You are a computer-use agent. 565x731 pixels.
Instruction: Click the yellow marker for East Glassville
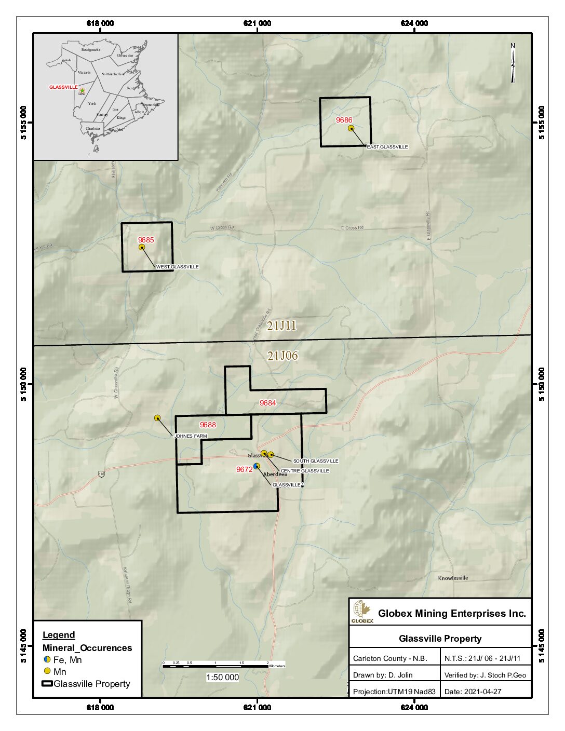(351, 128)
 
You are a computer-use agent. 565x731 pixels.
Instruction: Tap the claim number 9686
(344, 120)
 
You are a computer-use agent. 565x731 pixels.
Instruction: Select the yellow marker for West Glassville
(142, 247)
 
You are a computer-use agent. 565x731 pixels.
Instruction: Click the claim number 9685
(146, 240)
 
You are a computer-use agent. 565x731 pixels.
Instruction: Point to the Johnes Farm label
(191, 436)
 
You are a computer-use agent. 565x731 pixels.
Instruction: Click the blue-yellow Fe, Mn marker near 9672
(256, 466)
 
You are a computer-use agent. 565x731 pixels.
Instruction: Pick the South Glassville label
(316, 461)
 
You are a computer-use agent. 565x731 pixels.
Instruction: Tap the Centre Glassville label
(305, 471)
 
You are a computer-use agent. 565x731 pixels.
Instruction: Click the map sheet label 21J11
(282, 326)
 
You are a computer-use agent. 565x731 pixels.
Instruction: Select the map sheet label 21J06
(282, 356)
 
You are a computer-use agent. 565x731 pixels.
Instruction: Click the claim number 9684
(268, 403)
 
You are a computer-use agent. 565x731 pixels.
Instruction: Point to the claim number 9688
(208, 425)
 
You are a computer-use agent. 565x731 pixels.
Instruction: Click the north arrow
(513, 63)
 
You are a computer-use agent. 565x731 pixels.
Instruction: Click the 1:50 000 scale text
(222, 677)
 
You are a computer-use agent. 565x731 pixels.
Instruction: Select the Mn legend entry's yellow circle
(47, 672)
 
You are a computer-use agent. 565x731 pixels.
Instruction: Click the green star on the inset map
(82, 91)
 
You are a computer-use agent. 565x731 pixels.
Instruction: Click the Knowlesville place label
(453, 578)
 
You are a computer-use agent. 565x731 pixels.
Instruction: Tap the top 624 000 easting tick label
(414, 23)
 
